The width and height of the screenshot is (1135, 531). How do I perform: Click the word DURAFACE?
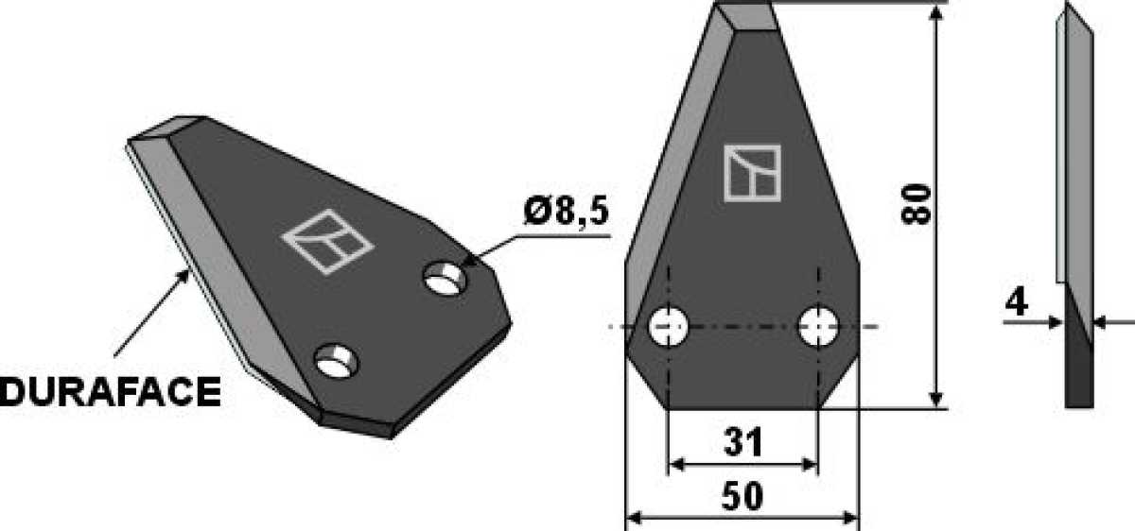point(111,392)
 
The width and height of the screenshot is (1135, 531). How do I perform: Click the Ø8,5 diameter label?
point(566,211)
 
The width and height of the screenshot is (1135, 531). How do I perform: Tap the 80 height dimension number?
point(917,204)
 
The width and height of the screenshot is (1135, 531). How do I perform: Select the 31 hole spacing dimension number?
point(743,442)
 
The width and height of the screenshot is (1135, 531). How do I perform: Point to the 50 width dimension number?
point(742,497)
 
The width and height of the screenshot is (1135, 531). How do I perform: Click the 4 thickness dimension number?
point(1016,302)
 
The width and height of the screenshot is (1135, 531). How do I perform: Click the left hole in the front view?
point(669,327)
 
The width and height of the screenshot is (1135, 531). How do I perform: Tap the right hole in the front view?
point(818,327)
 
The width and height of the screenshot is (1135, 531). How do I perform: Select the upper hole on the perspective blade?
point(445,278)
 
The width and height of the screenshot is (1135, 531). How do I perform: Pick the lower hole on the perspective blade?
point(336,362)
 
